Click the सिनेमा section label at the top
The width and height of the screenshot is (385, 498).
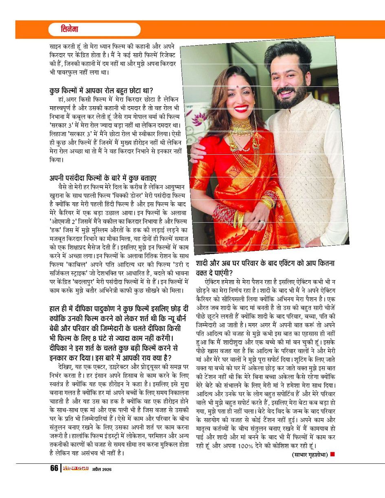point(70,30)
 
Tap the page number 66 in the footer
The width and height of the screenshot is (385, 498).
point(54,468)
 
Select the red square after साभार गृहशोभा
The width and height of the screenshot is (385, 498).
point(332,454)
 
